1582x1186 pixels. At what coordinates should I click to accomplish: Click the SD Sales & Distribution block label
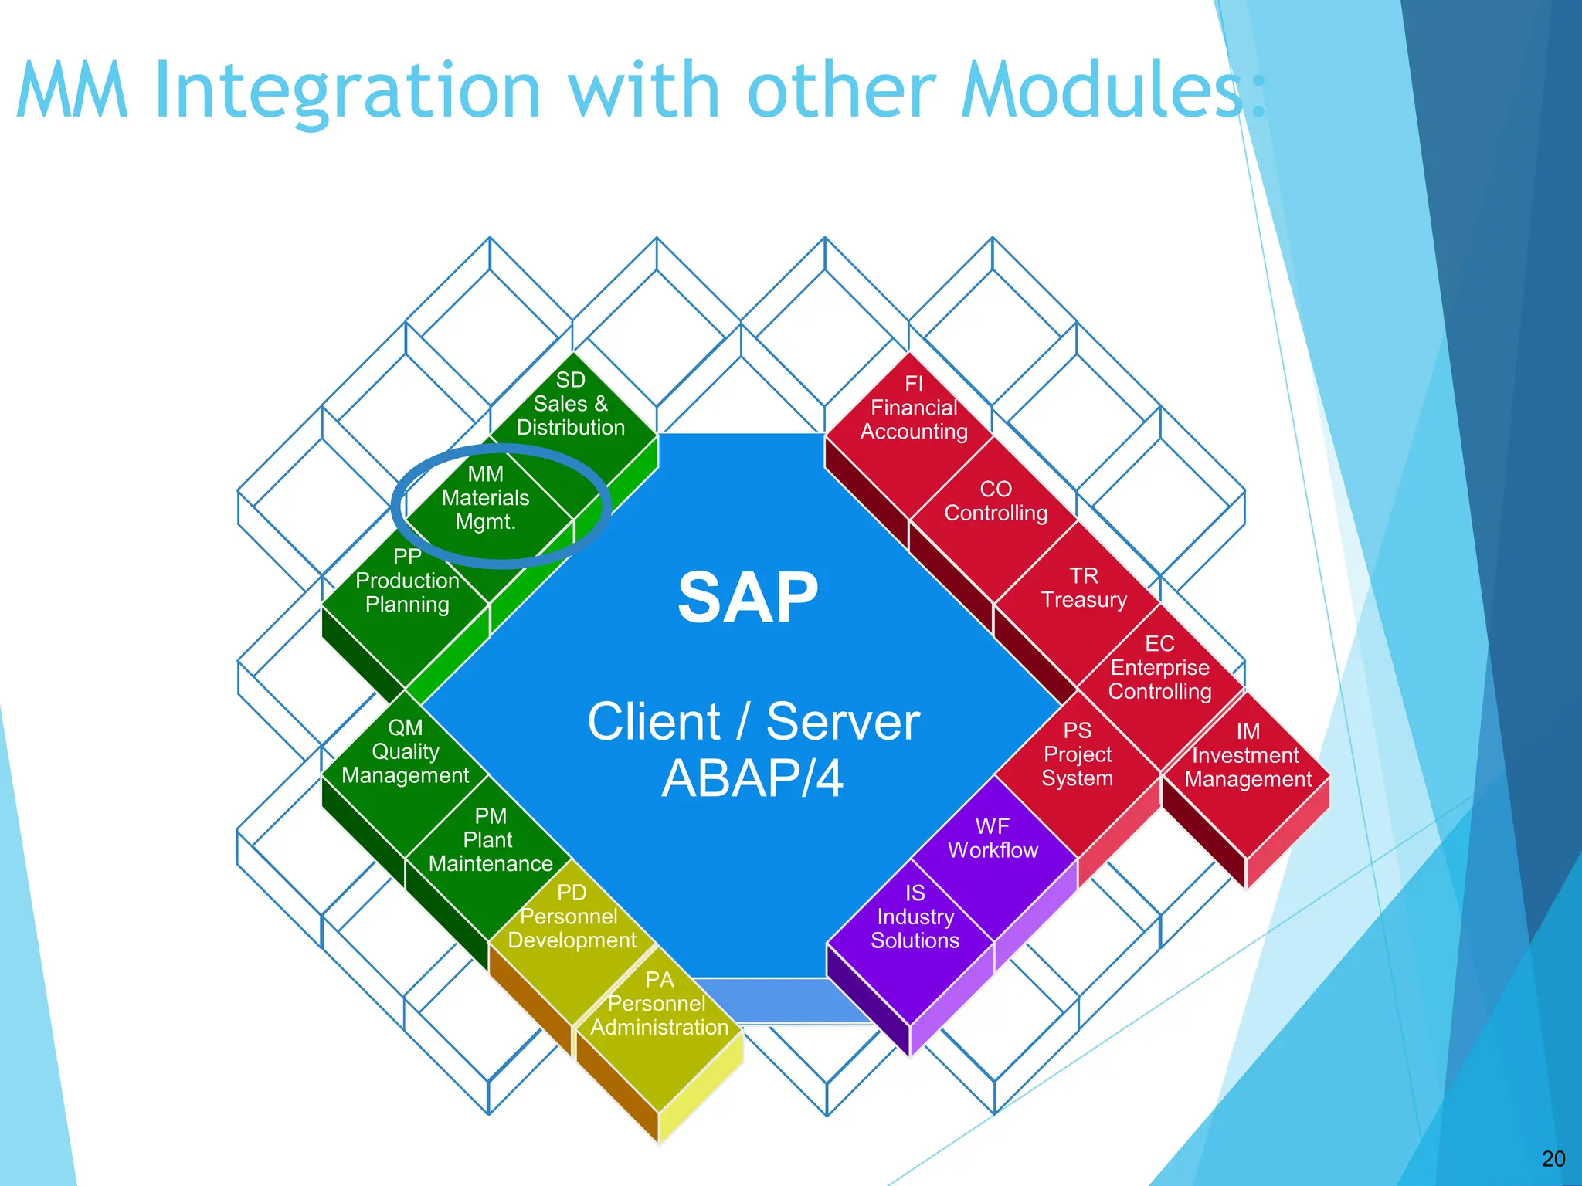tap(570, 404)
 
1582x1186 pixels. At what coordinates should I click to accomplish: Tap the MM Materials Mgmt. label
tap(485, 498)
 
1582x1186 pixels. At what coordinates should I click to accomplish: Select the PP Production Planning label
tap(407, 581)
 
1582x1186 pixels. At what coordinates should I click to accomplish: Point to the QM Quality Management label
tap(405, 751)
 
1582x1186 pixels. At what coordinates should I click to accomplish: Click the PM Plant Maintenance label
tap(491, 840)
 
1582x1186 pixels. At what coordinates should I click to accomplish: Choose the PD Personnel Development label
tap(572, 917)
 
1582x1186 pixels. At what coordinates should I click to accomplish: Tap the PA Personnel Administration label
tap(659, 1004)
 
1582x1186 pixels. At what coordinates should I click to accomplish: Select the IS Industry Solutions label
tap(915, 917)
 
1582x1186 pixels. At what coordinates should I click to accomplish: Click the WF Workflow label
tap(993, 839)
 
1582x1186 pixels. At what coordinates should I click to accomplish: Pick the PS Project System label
tap(1077, 754)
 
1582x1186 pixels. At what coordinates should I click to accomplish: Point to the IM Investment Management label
tap(1248, 755)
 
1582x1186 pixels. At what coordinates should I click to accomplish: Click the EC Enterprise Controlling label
tap(1159, 668)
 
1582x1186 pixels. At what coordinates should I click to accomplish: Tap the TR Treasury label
tap(1084, 588)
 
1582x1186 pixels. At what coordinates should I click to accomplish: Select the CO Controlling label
tap(996, 501)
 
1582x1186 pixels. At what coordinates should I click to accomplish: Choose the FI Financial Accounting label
tap(914, 408)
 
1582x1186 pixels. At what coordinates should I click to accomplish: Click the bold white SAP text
tap(748, 598)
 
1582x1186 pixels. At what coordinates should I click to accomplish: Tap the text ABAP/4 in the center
tap(752, 778)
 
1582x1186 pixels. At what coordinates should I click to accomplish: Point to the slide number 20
tap(1553, 1158)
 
